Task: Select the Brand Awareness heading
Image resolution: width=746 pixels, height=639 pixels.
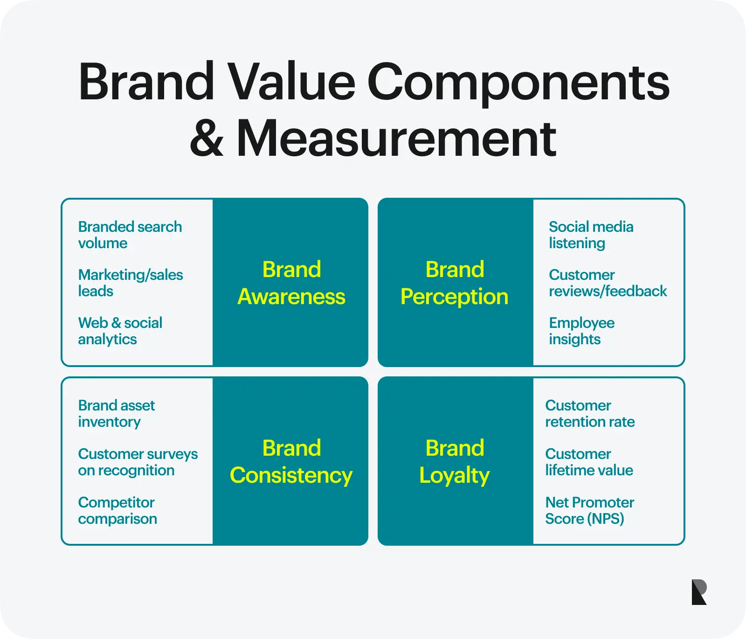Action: point(291,283)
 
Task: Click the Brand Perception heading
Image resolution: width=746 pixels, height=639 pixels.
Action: point(455,283)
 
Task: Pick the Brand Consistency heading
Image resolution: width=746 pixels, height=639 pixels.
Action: point(291,462)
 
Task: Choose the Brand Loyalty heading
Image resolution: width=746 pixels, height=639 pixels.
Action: point(455,462)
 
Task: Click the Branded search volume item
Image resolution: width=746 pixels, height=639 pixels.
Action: point(130,235)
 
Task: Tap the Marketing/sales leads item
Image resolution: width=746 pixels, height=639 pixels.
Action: point(131,283)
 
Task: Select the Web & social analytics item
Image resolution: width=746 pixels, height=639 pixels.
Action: point(120,331)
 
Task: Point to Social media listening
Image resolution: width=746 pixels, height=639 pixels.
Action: point(591,235)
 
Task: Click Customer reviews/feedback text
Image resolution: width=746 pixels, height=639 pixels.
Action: point(608,283)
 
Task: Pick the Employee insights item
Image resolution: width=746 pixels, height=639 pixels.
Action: point(582,331)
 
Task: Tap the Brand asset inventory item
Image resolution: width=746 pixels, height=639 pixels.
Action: point(117,413)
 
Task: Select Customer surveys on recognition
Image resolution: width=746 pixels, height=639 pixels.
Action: point(138,462)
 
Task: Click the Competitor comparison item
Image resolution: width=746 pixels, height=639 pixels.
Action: point(117,510)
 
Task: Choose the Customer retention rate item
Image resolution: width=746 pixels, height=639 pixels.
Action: point(590,413)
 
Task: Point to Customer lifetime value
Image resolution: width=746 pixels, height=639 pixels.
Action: point(589,462)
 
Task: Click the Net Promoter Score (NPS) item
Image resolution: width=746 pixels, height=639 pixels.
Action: point(590,510)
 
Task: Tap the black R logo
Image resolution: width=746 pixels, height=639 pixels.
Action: point(699,592)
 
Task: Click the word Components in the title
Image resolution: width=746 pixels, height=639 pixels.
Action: point(518,83)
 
